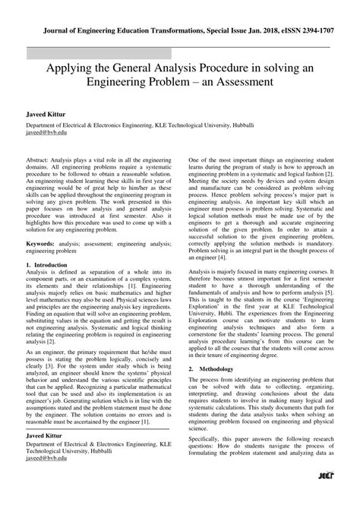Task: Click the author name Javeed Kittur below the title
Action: coord(38,113)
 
